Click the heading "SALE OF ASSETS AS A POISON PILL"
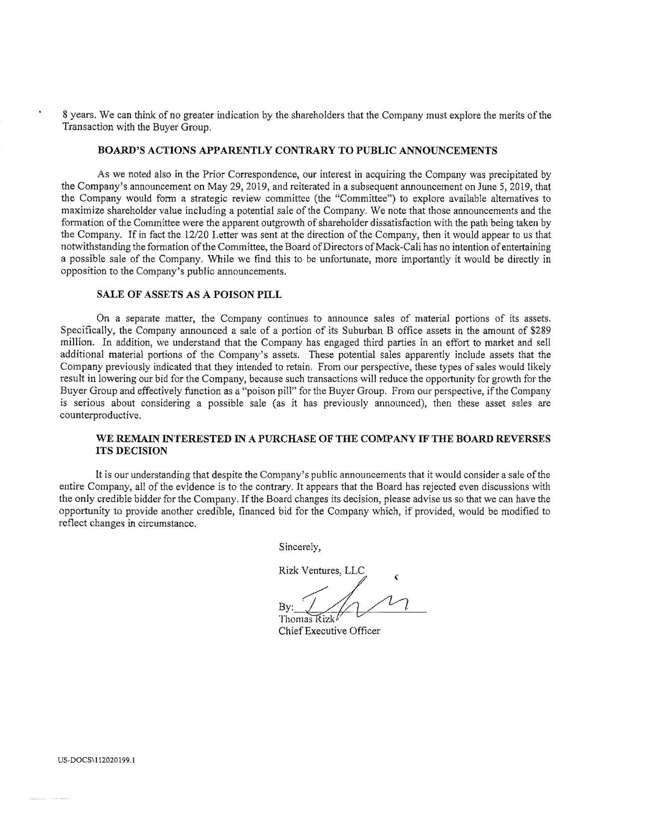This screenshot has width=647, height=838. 189,294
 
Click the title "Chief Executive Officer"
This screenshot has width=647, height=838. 329,631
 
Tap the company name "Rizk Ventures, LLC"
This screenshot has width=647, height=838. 322,570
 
